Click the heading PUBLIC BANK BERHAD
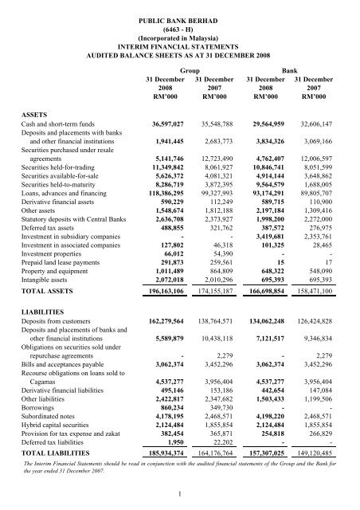[180, 12]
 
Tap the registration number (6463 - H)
[180, 22]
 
